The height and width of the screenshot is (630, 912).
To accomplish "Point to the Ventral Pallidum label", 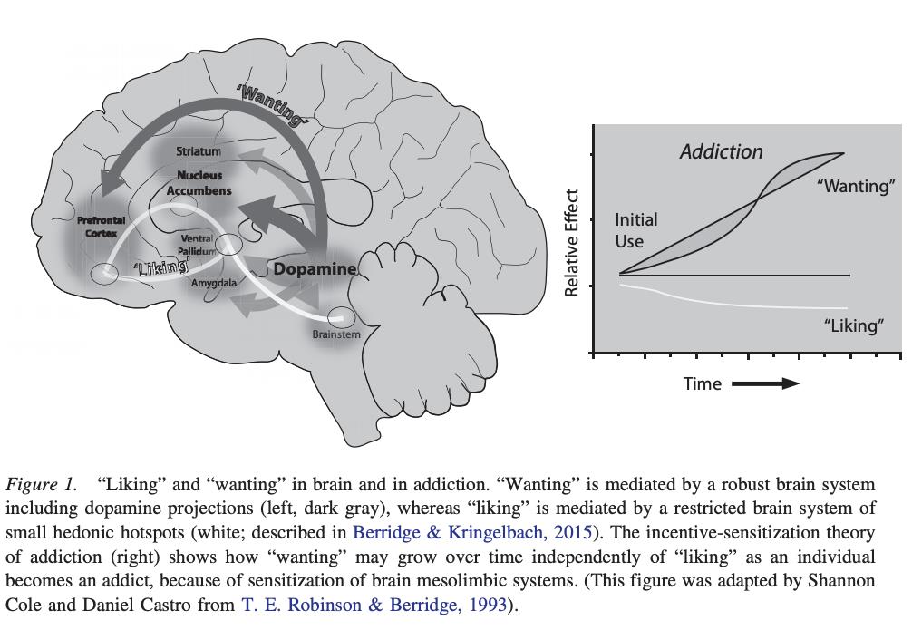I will coord(198,244).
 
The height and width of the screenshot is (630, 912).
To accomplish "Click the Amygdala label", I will coord(213,283).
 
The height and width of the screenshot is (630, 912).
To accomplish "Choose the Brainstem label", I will coord(336,334).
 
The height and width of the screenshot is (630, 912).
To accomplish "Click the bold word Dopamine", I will coord(315,269).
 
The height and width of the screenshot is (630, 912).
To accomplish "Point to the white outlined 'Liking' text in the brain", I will coord(160,267).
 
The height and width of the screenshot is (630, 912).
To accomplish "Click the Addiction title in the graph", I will coord(721,151).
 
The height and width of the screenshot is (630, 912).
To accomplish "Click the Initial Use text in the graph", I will coord(636,230).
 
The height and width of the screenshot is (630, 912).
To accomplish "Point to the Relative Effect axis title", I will coord(572,242).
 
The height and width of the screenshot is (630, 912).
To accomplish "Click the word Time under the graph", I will coord(703,383).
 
